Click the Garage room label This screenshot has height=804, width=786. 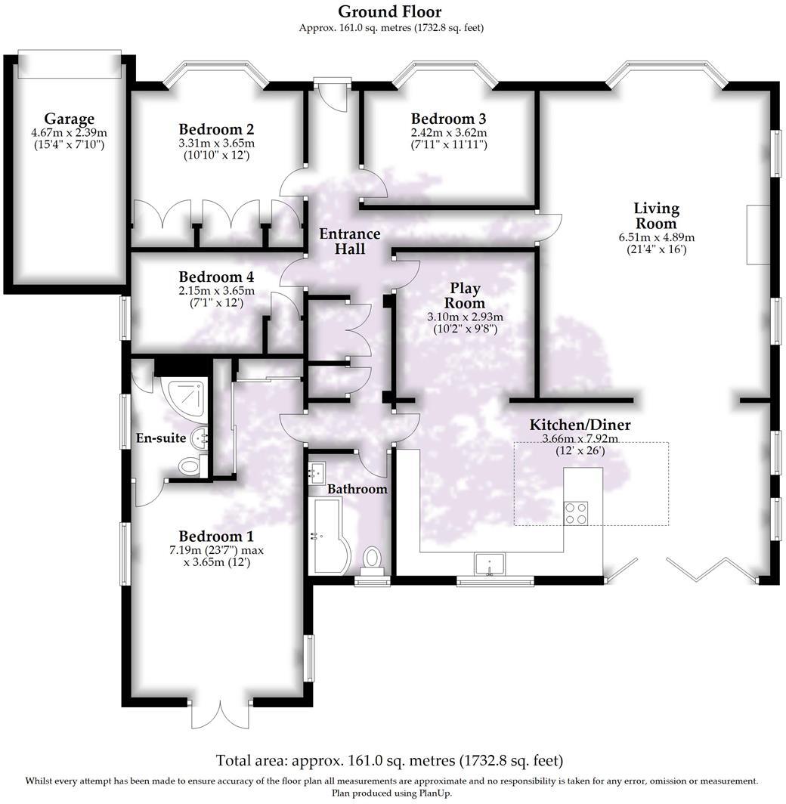[x=69, y=119]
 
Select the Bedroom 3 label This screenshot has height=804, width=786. [x=448, y=119]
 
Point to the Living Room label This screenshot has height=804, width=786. [x=656, y=215]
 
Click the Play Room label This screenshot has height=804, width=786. [x=465, y=296]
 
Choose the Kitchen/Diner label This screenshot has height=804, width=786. [x=580, y=425]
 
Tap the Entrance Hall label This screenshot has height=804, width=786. [x=349, y=241]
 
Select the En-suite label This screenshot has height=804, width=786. [x=160, y=438]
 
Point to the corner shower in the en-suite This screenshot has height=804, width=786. [x=181, y=396]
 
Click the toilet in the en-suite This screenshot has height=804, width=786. [x=190, y=467]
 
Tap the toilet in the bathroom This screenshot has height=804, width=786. [x=373, y=558]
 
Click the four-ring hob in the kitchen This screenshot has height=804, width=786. [x=576, y=512]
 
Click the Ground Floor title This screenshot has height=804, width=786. [x=389, y=11]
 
